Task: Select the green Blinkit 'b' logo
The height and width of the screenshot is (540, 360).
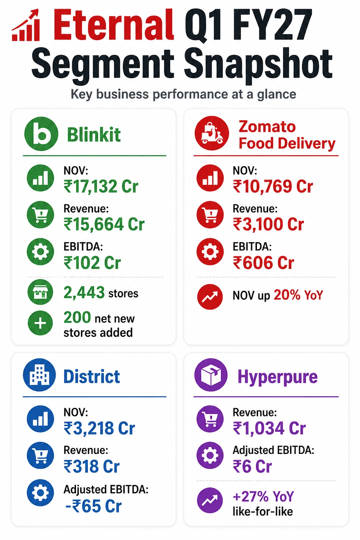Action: pos(41,134)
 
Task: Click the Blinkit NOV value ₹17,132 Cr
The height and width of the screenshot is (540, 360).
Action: pos(101,186)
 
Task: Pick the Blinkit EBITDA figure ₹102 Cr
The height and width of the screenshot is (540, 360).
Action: pos(92,263)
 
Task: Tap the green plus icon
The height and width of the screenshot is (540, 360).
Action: pos(40,323)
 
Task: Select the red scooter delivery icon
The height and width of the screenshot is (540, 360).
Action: pos(212,133)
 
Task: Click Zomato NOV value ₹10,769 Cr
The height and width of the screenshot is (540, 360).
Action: pos(273,186)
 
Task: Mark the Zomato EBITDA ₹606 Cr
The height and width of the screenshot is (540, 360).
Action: pos(263,263)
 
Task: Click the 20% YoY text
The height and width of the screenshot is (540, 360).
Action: pos(298,295)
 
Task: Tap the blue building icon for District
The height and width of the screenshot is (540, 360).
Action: pos(39,375)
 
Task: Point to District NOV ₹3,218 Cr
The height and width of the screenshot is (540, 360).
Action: pos(99,428)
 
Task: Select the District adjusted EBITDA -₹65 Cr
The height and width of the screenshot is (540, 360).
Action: pos(94,506)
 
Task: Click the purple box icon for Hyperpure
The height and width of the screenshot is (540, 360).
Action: pos(211,375)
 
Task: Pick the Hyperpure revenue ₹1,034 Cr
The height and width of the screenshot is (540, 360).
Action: pos(269,428)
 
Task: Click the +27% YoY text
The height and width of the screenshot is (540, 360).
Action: pos(263,496)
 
